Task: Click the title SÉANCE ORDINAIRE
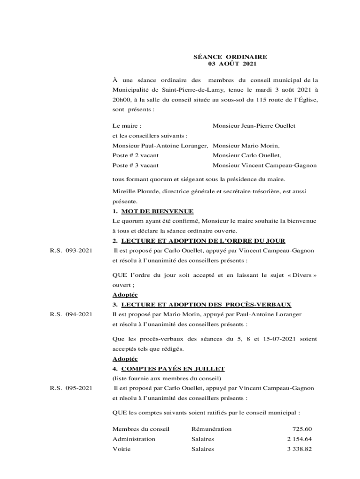point(230,57)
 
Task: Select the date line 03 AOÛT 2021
point(230,64)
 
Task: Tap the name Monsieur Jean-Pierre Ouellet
point(254,126)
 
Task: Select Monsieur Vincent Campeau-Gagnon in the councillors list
point(265,165)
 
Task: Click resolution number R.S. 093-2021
point(71,251)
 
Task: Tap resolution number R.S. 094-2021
point(71,314)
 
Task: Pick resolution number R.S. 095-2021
point(71,388)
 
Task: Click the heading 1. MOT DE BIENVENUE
point(153,211)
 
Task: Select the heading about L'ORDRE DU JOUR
point(199,241)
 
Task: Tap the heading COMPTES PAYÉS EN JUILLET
point(168,369)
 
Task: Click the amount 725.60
point(302,429)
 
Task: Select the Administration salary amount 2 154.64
point(299,439)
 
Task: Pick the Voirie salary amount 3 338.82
point(299,449)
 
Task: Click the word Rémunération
point(211,429)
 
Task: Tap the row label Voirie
point(122,449)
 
